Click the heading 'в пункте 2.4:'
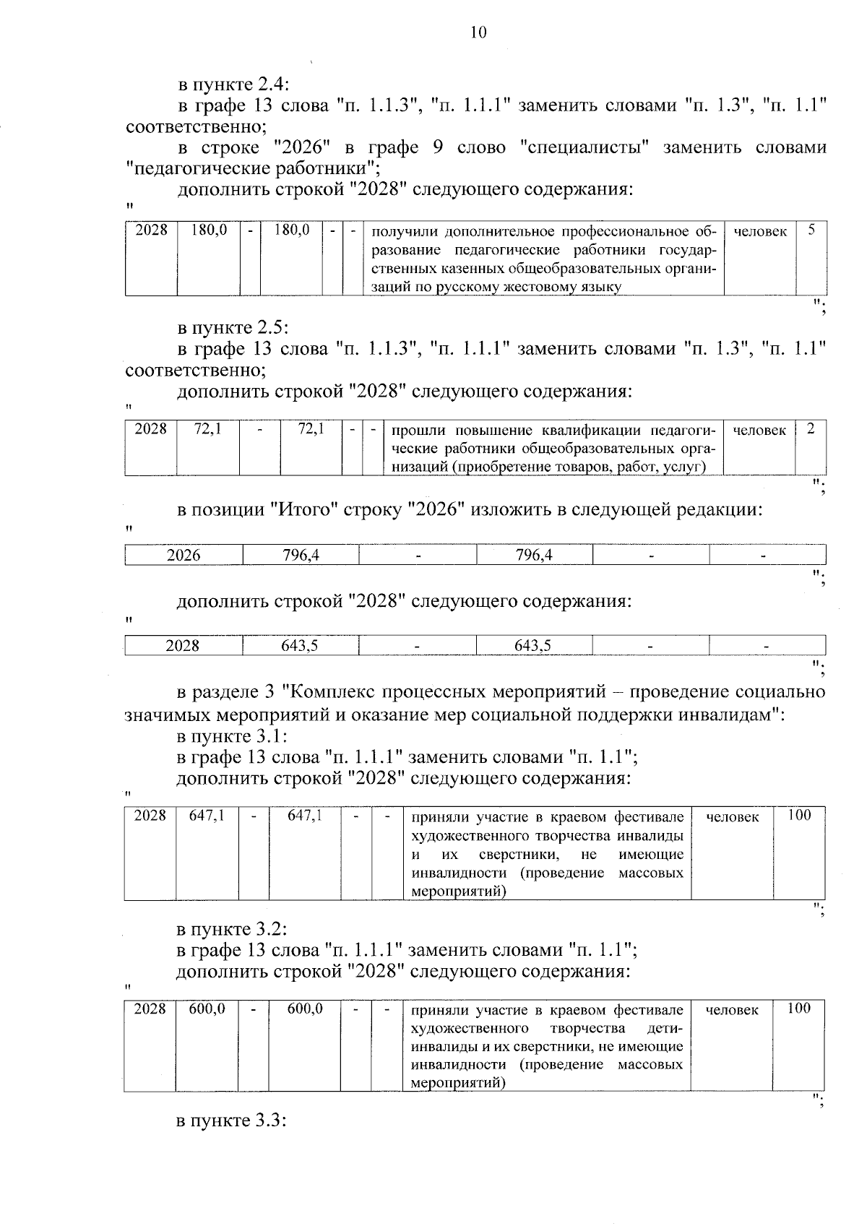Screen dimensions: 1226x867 point(233,84)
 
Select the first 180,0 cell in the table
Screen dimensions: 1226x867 point(209,230)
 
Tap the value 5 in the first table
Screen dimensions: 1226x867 point(811,230)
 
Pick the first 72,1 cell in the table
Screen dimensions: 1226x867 point(207,429)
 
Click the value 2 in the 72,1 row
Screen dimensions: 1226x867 point(811,429)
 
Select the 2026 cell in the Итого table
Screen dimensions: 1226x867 point(184,555)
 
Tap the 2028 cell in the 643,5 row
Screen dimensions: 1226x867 point(183,645)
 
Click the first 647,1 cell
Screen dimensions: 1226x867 point(207,816)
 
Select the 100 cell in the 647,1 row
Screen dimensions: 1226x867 point(799,816)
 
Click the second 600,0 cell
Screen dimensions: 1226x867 point(304,1009)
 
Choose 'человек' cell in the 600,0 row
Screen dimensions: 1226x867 point(731,1009)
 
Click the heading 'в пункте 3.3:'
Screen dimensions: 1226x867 point(232,1141)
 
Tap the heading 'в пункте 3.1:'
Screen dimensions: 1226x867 point(232,736)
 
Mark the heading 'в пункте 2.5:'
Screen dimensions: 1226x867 point(233,327)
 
